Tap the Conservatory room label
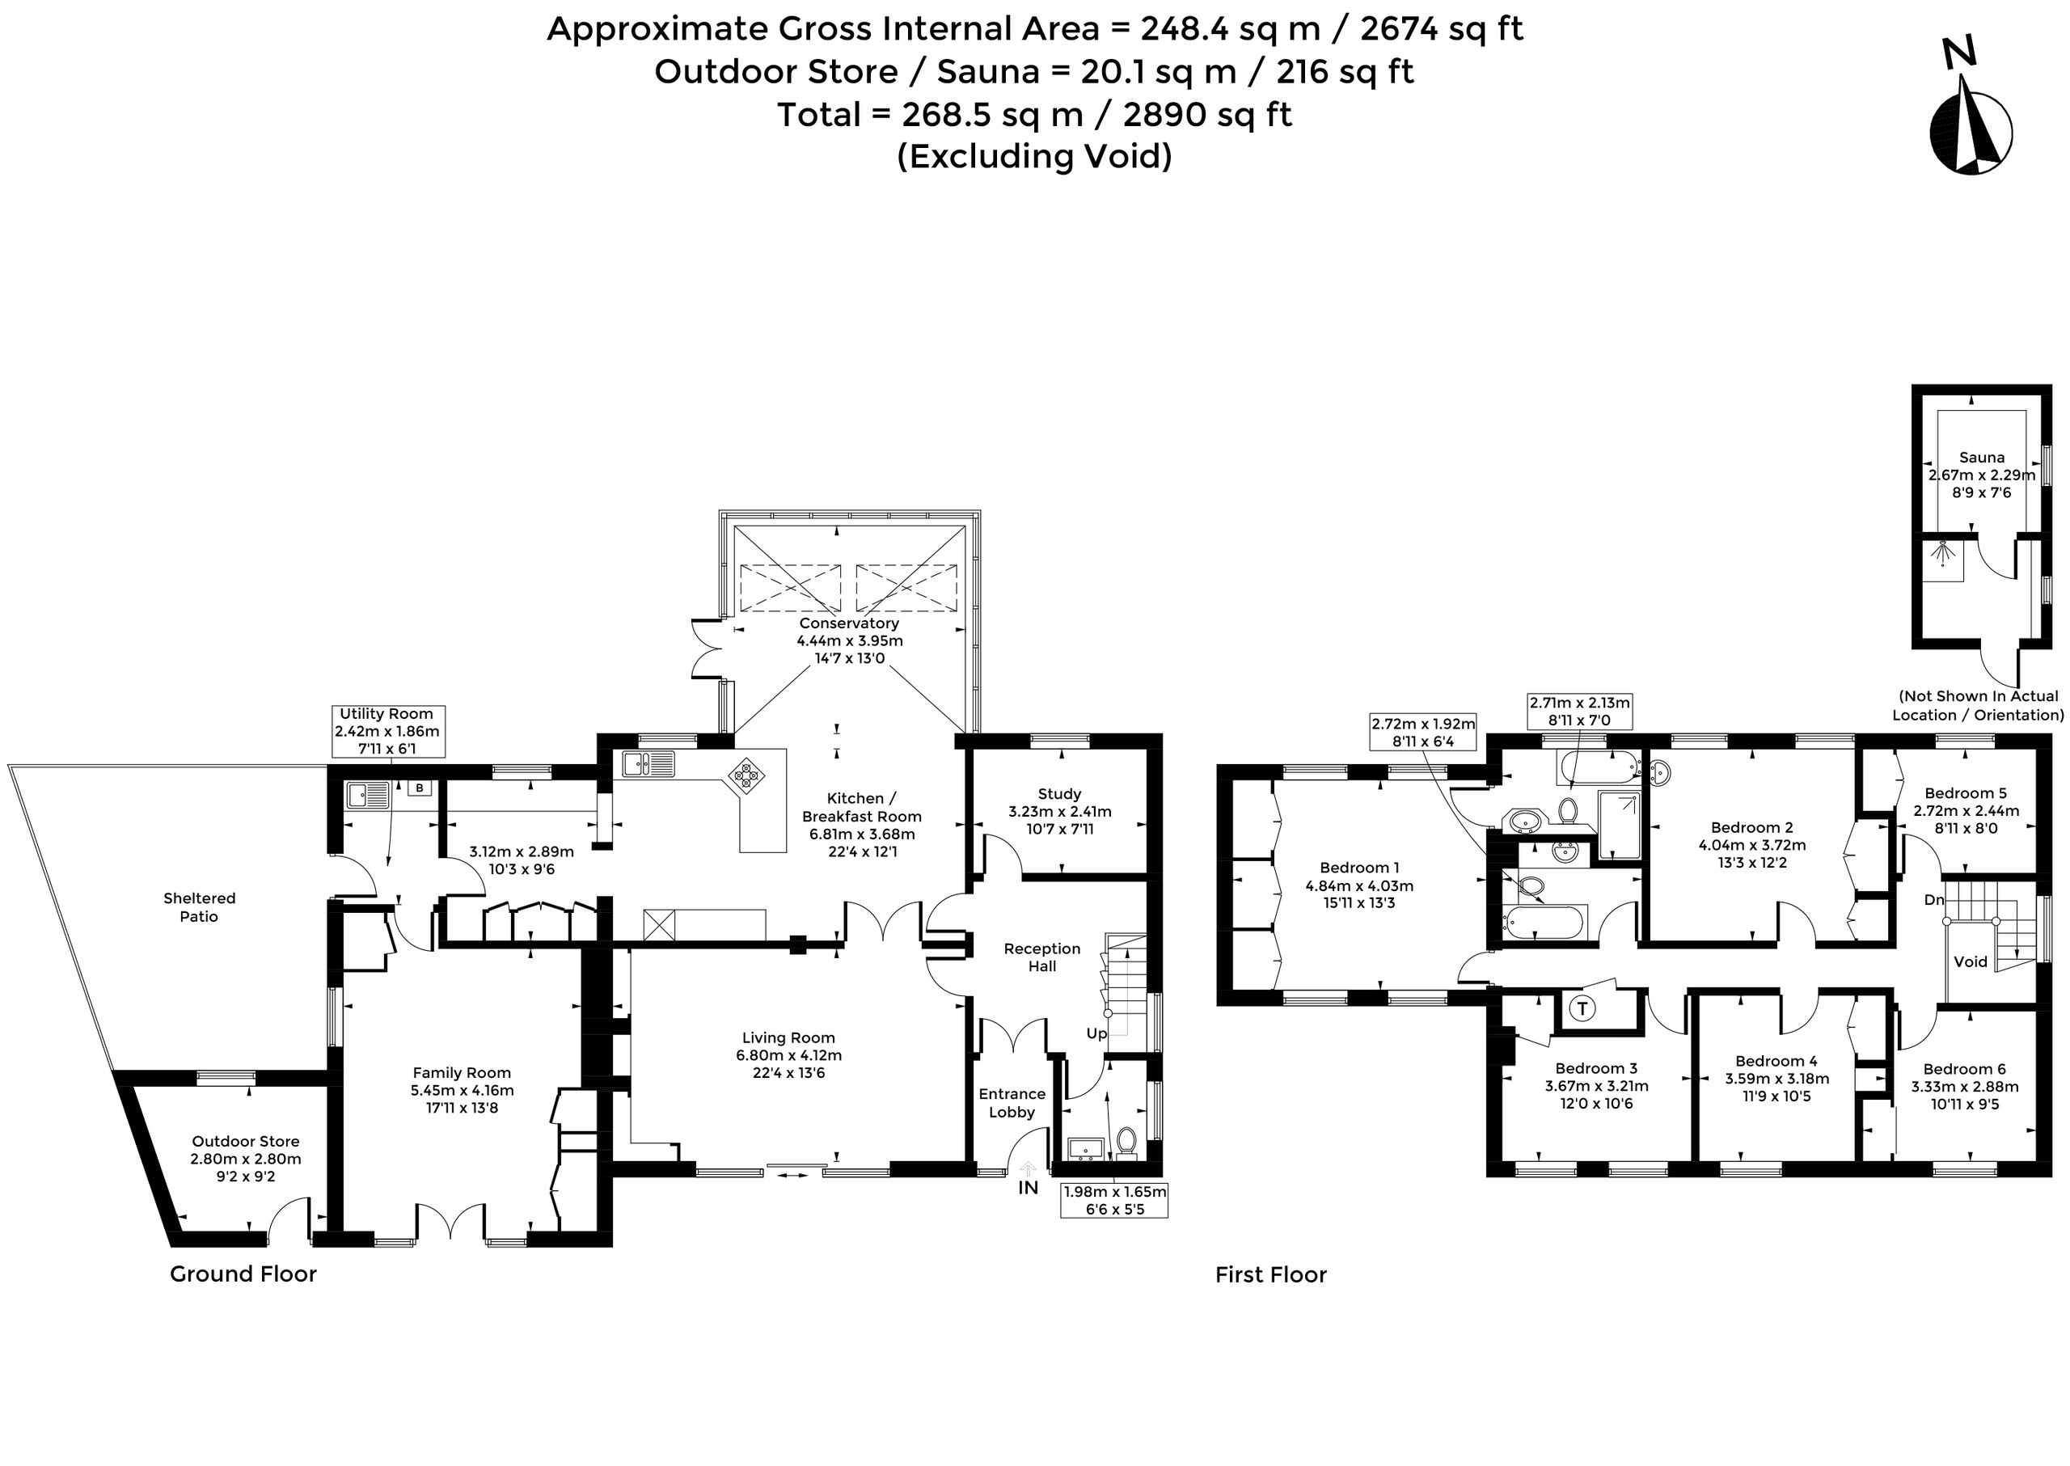tap(848, 623)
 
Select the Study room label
tap(1059, 793)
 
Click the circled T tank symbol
tap(1582, 1008)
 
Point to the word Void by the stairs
tap(1971, 961)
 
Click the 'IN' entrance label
tap(1029, 1188)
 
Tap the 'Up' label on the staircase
tap(1096, 1033)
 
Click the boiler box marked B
tap(419, 788)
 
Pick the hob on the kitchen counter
tap(746, 775)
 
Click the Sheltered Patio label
tap(200, 907)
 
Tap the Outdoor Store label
tap(246, 1141)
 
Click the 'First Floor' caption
tap(1271, 1274)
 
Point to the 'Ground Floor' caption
tap(243, 1274)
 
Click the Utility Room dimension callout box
tap(387, 731)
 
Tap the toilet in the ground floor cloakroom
tap(1126, 1141)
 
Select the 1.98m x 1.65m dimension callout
tap(1115, 1200)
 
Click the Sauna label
tap(1982, 458)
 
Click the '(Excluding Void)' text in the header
tap(1034, 156)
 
